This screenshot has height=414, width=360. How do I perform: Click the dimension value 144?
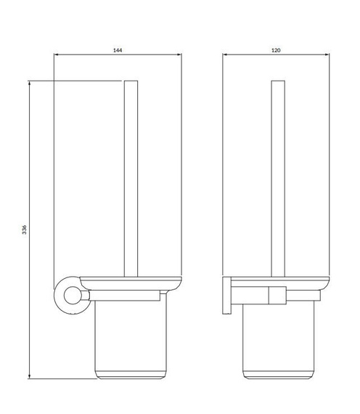pos(118,50)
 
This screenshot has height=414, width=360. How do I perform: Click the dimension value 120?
pos(276,50)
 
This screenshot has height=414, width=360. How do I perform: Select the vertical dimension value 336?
pos(24,230)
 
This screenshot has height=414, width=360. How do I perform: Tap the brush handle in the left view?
pos(131,179)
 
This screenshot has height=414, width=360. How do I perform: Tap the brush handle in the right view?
pos(278,179)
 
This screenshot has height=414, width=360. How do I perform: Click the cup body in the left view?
pos(131,340)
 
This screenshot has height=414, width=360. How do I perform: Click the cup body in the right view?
pos(279,342)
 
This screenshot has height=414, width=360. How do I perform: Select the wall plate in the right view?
pos(226,296)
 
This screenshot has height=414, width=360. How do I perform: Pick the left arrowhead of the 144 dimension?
pos(56,54)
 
